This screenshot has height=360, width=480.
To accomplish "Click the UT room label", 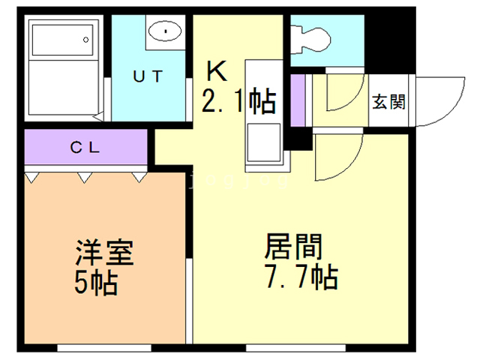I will click(x=149, y=76).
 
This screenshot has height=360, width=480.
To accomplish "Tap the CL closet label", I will click(x=85, y=148).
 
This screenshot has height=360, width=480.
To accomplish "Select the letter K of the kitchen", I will click(x=217, y=71).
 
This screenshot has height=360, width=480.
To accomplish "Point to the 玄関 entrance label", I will click(x=388, y=101).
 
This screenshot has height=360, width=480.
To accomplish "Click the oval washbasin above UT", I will click(x=163, y=31).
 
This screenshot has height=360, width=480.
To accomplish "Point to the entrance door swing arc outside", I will click(x=439, y=101).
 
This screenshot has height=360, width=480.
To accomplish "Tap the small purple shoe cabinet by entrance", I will click(x=298, y=100).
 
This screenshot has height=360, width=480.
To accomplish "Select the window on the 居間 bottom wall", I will click(x=280, y=347).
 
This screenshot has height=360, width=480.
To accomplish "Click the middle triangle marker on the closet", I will click(x=85, y=178).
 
